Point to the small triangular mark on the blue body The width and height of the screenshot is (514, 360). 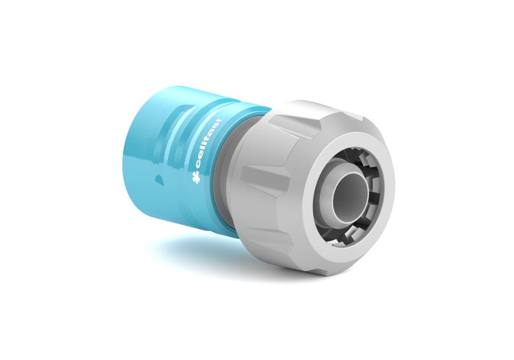click(158, 179)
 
